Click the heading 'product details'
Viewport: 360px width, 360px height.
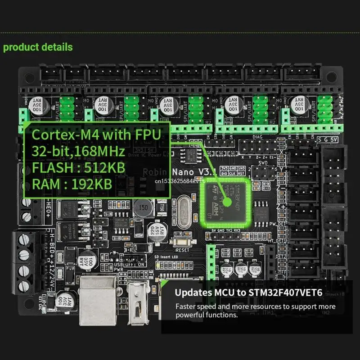tap(38, 47)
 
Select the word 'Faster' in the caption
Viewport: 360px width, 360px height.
tap(187, 306)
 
